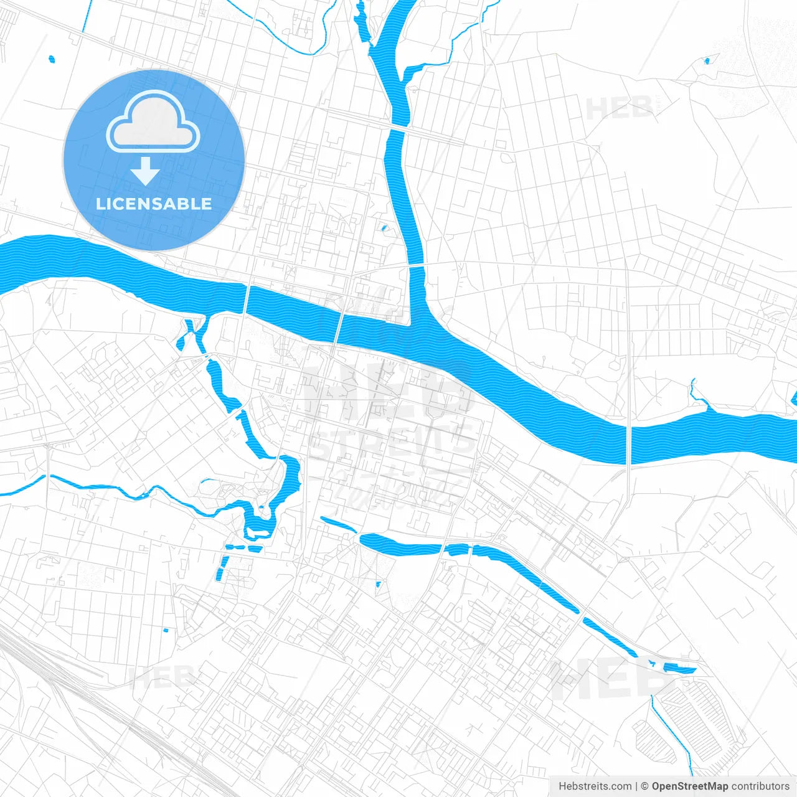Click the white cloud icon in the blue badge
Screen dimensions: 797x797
[153, 122]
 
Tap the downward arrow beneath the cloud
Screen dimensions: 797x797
[145, 171]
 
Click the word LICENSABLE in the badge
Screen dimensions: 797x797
[154, 204]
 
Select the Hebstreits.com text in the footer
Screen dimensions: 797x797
[595, 786]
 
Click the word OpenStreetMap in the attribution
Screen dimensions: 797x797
[689, 786]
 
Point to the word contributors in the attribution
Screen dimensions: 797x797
[760, 786]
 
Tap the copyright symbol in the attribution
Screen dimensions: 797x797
[644, 786]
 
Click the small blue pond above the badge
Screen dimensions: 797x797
[52, 60]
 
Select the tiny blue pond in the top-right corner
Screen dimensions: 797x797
[707, 61]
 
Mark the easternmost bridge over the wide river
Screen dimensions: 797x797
[629, 443]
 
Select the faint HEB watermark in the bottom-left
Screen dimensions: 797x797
[162, 676]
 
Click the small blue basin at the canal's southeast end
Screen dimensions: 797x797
[679, 668]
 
